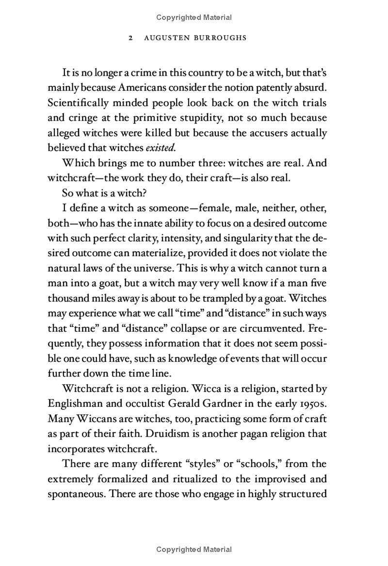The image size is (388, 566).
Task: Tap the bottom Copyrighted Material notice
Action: click(x=194, y=550)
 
